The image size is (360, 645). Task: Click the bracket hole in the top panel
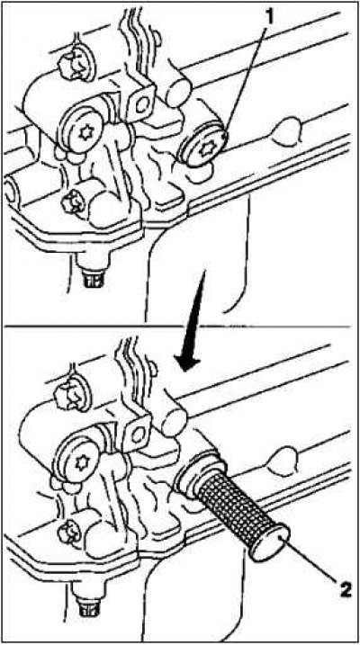point(142,106)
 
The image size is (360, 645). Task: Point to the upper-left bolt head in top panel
point(71,67)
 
